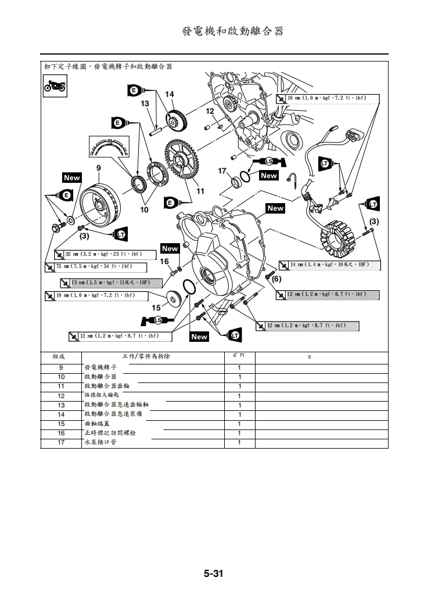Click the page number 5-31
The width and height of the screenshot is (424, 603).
213,574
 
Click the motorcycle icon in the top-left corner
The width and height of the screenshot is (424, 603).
55,86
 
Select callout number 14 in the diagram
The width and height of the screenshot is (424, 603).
169,94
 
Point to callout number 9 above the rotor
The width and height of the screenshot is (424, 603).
98,168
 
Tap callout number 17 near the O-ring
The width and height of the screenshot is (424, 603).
222,171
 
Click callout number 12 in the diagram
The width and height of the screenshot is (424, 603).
210,111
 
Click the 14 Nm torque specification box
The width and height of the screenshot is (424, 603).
330,265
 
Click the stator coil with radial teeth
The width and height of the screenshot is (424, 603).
337,236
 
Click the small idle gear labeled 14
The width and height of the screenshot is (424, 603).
176,121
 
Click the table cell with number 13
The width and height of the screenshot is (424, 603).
61,405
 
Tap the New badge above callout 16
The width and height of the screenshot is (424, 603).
170,248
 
